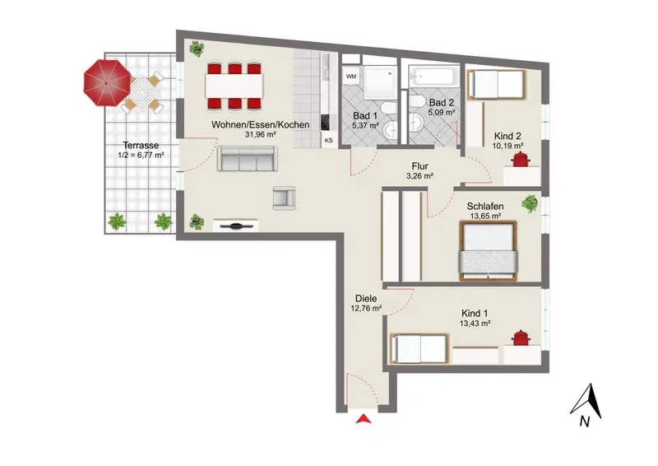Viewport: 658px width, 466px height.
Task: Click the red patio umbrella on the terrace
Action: pyautogui.click(x=107, y=83)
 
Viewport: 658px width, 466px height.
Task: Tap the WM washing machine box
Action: pyautogui.click(x=351, y=76)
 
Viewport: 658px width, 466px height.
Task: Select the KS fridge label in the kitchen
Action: pyautogui.click(x=328, y=140)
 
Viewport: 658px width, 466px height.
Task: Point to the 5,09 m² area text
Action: pyautogui.click(x=442, y=112)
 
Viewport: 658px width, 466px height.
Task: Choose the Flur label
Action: pyautogui.click(x=419, y=166)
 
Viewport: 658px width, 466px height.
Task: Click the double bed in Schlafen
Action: pyautogui.click(x=489, y=251)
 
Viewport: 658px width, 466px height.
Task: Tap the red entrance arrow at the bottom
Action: pyautogui.click(x=364, y=418)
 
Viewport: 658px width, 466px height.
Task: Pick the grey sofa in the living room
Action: pyautogui.click(x=248, y=158)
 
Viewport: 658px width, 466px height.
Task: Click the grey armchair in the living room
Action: pyautogui.click(x=284, y=198)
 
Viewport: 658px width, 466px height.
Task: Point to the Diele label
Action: pyautogui.click(x=366, y=298)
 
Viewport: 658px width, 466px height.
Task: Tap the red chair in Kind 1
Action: pyautogui.click(x=521, y=338)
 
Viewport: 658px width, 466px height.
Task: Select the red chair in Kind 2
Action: pyautogui.click(x=521, y=160)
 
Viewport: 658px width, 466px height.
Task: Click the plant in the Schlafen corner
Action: pyautogui.click(x=530, y=203)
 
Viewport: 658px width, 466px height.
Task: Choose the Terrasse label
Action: pyautogui.click(x=141, y=146)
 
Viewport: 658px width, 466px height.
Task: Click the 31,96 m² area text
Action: pyautogui.click(x=260, y=135)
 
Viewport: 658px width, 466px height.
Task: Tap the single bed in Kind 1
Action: pyautogui.click(x=419, y=348)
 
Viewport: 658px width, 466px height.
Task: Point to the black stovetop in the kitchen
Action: pyautogui.click(x=325, y=123)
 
